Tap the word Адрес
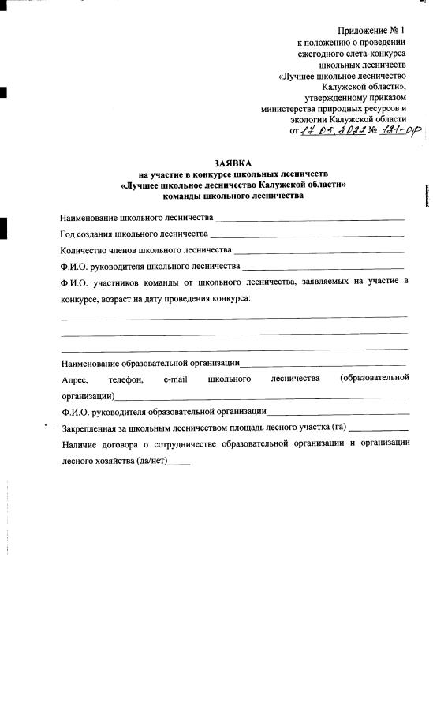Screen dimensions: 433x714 coord(74,379)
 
